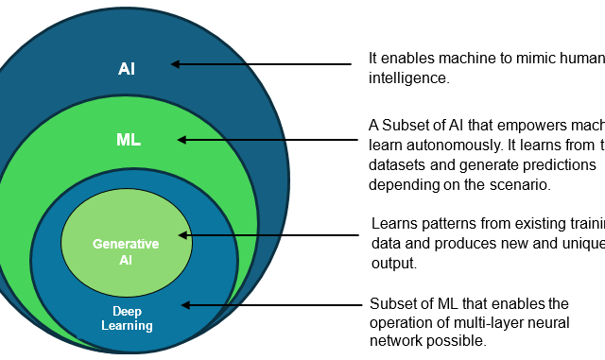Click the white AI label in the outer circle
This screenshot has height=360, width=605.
point(127,69)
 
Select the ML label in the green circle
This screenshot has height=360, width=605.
point(129,140)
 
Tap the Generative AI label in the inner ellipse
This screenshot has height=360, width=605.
point(126,250)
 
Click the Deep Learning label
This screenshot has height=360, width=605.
point(127,318)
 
